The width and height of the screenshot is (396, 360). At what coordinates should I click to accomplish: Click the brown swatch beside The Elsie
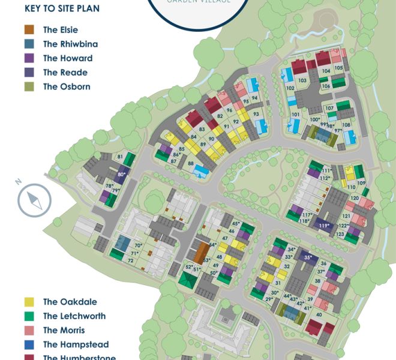29,30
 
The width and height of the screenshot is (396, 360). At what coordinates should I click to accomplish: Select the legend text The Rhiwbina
70,44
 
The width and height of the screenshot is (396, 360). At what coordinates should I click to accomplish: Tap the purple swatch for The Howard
29,59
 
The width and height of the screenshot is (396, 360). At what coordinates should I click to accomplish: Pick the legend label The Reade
65,73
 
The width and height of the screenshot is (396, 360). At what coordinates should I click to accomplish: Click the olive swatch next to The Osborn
29,87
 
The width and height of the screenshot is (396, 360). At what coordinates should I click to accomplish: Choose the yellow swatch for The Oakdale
29,302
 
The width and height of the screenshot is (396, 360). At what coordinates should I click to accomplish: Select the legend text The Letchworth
74,316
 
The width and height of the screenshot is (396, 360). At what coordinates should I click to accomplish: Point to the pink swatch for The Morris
29,331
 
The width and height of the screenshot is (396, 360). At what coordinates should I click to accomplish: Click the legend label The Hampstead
75,344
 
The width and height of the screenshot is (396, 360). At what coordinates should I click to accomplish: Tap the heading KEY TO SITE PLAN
62,9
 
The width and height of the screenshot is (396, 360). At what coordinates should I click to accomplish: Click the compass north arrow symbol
34,200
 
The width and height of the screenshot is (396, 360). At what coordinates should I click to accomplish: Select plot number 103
302,80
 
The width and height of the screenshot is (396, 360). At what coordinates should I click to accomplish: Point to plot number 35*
308,258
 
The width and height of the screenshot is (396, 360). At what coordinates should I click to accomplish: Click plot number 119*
324,226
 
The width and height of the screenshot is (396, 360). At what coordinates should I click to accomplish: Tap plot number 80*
122,175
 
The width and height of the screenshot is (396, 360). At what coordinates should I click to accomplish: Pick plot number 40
319,315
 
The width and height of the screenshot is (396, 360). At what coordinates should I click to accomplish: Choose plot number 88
191,163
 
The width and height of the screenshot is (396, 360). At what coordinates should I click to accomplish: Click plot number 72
130,260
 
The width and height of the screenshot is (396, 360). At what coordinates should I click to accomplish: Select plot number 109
361,183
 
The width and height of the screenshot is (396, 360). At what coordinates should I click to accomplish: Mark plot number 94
255,98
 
